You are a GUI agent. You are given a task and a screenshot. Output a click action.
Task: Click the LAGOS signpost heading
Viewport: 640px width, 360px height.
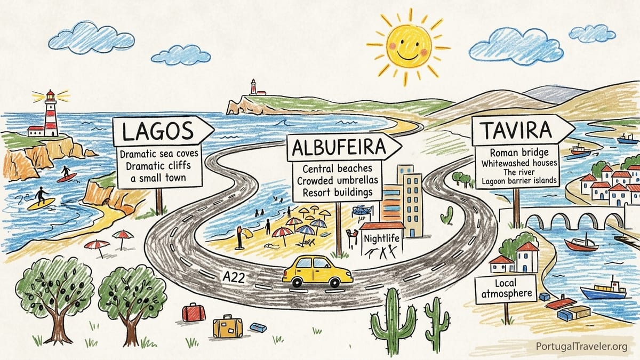158,131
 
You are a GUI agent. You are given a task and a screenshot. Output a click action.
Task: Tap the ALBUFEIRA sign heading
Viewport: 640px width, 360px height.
339,147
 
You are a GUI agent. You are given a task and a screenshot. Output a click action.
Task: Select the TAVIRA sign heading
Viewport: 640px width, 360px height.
517,130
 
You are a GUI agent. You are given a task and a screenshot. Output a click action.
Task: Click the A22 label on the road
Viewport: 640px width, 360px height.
234,277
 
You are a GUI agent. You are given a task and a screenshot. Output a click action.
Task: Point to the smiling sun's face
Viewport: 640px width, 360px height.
409,46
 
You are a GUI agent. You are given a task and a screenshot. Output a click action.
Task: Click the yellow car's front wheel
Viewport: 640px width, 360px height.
334,282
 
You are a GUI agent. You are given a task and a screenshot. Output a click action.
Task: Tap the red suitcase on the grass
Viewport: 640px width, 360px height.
194,313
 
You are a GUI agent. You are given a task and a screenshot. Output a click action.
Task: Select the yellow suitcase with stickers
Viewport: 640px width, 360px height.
228,326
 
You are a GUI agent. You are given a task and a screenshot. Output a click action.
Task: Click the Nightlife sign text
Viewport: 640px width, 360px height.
381,238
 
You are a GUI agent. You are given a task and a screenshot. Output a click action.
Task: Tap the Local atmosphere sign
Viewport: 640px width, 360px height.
506,289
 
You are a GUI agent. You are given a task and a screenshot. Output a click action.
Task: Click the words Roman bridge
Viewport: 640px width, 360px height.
519,153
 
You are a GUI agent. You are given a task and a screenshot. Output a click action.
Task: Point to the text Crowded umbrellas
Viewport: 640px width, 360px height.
338,181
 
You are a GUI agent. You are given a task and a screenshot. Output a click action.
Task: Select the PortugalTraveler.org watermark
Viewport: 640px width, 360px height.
582,347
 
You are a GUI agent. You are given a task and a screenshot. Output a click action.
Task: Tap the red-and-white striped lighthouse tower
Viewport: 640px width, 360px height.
51,114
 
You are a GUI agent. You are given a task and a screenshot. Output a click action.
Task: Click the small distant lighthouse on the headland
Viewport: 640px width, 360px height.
253,87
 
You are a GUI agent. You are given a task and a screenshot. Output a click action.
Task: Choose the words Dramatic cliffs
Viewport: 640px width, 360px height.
158,166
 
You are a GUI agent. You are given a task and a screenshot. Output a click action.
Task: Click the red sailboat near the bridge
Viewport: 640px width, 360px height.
581,244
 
